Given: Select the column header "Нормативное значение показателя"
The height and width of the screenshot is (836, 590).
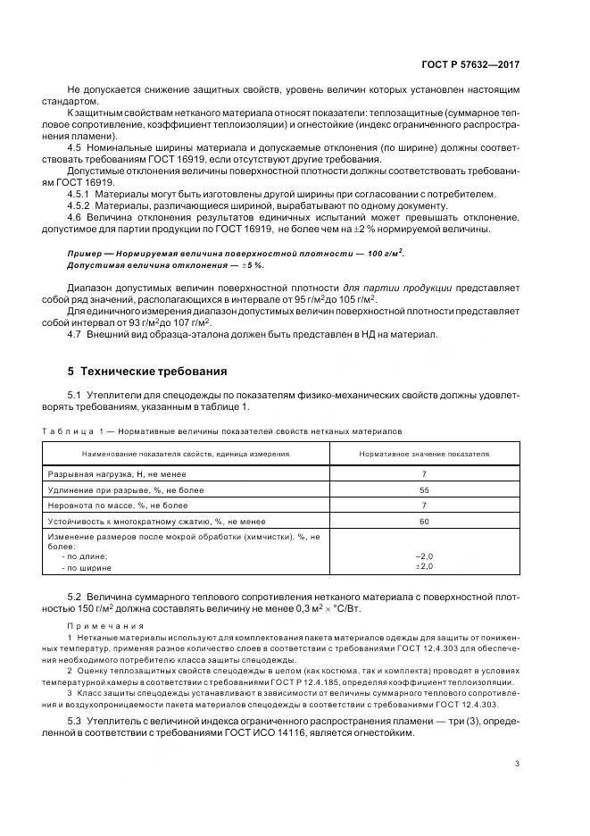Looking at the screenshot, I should tap(424, 454).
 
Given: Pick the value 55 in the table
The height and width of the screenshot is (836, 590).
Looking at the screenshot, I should tap(424, 490).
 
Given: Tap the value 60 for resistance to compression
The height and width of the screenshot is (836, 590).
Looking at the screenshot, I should tap(424, 521).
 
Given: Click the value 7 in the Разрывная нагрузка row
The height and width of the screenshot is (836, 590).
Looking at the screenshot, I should tap(424, 475).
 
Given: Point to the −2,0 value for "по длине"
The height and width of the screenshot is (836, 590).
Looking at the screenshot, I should tap(424, 556).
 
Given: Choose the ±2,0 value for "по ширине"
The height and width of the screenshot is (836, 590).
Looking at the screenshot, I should tap(424, 566).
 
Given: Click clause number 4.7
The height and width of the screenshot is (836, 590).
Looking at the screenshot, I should tap(75, 334).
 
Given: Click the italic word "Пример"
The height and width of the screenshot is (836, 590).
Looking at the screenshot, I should tap(84, 254).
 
